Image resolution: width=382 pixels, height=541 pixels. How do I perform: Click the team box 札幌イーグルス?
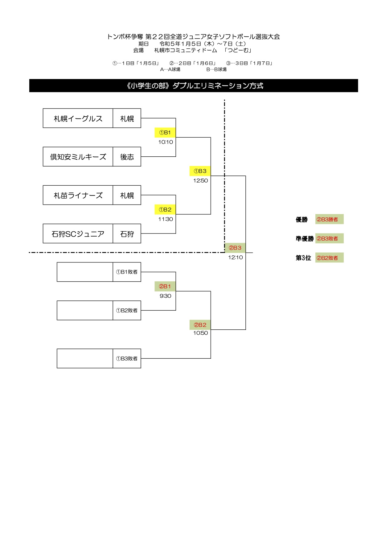pyautogui.click(x=78, y=118)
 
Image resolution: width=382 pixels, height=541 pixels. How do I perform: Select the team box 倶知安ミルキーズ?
pyautogui.click(x=78, y=157)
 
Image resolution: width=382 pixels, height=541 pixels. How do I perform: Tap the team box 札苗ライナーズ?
pyautogui.click(x=78, y=195)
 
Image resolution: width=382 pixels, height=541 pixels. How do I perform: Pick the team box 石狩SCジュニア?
pyautogui.click(x=78, y=233)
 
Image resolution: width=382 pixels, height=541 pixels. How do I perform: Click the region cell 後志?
pyautogui.click(x=127, y=157)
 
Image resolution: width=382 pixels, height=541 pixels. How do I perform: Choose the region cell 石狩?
pyautogui.click(x=127, y=233)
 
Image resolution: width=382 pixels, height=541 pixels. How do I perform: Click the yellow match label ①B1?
pyautogui.click(x=165, y=133)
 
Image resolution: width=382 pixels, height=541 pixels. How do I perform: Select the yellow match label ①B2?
pyautogui.click(x=165, y=209)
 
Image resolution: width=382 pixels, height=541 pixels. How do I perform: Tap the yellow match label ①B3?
pyautogui.click(x=200, y=171)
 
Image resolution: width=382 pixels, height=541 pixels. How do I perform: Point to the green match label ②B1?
pyautogui.click(x=165, y=286)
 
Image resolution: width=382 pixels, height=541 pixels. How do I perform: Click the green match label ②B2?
pyautogui.click(x=200, y=325)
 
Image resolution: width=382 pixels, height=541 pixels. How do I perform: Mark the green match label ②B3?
pyautogui.click(x=235, y=248)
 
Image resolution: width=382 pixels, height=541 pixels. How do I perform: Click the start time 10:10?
pyautogui.click(x=166, y=142)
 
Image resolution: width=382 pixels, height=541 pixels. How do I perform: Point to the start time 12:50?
pyautogui.click(x=200, y=181)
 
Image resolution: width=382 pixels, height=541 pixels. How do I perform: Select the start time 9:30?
pyautogui.click(x=166, y=296)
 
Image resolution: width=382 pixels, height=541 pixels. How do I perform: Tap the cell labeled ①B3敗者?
pyautogui.click(x=127, y=358)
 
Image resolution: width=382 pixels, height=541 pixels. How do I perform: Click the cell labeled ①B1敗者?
pyautogui.click(x=127, y=272)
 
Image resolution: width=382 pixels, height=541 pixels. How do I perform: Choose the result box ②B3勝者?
pyautogui.click(x=329, y=219)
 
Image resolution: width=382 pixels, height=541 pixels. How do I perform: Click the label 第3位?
pyautogui.click(x=303, y=258)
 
